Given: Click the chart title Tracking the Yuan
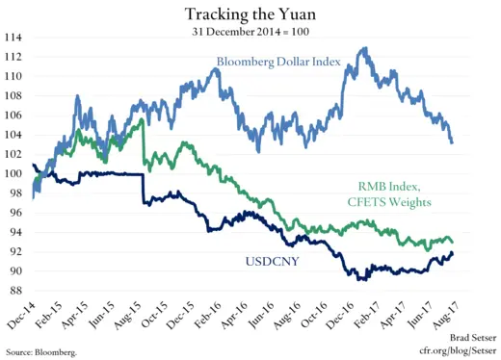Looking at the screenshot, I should [250, 13].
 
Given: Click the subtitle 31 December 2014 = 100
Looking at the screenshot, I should [250, 30].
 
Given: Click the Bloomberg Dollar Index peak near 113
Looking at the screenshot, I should [362, 48].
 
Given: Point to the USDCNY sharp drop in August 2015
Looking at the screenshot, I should [144, 189].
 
